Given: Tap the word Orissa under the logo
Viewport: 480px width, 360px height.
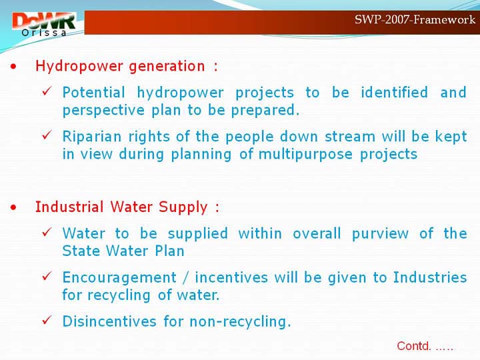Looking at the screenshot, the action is point(44,33).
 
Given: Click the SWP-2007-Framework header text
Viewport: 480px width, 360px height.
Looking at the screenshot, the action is point(415,19).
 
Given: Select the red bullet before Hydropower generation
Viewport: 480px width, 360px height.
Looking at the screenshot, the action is point(13,67).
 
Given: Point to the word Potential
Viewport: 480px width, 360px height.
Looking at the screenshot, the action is point(94,93).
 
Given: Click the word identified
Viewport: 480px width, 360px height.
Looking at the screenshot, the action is point(394,92).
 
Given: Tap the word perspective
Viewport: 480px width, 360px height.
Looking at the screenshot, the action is point(103,111).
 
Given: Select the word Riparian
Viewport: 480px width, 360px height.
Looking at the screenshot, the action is point(92,137).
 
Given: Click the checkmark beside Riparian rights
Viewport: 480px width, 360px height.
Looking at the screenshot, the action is point(47,135).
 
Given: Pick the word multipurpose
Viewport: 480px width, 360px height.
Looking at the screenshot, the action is point(305,155).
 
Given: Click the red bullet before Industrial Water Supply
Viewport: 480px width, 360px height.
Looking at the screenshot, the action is point(13,207).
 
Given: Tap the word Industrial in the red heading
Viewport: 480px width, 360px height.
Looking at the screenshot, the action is point(69,207).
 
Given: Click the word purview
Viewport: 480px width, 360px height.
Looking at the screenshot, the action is point(380,234).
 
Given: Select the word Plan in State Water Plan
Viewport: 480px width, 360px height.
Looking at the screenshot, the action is point(169,251).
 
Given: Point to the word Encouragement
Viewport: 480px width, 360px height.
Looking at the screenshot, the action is point(120,278).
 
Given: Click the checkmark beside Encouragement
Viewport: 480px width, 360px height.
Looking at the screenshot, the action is point(47,276).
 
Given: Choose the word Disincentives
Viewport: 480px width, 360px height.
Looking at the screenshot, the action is point(109,321).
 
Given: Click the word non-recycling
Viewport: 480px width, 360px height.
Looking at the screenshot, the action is point(240,322).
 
